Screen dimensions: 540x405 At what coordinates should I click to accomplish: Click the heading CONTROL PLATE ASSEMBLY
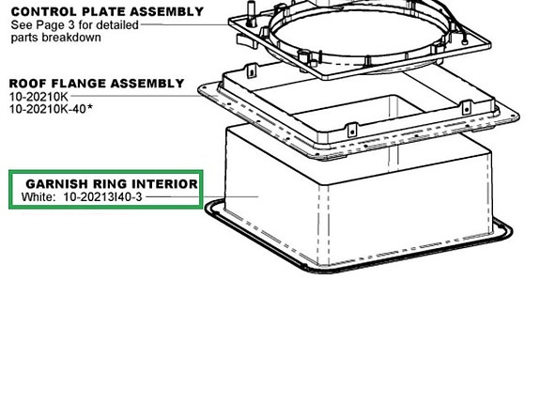click(107, 11)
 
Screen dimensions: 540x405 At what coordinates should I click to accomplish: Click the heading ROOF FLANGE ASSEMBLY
click(97, 84)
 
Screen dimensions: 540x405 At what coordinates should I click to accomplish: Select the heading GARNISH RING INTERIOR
click(112, 184)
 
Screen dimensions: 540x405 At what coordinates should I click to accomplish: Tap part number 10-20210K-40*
click(51, 109)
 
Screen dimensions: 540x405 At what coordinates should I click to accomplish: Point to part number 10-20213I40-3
click(103, 196)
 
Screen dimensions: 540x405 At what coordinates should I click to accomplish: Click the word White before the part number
click(39, 196)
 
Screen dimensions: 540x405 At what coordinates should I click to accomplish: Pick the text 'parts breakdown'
click(55, 38)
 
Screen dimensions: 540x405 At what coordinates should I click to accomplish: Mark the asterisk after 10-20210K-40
click(90, 107)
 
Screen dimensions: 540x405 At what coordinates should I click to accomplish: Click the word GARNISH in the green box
click(57, 184)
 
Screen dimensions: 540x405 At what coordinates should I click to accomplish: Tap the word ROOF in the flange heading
click(28, 84)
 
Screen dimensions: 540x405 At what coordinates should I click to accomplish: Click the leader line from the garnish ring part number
click(202, 196)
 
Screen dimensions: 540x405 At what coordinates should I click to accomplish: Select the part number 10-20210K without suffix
click(39, 97)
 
